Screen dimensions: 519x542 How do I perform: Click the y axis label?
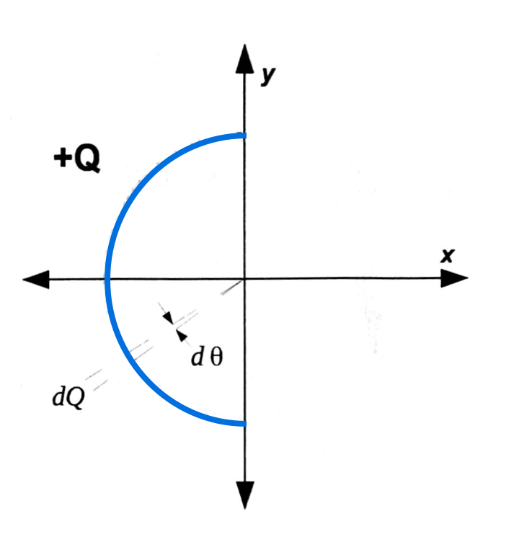268,75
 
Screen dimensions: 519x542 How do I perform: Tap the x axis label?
447,255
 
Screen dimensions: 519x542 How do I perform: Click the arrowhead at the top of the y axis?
245,58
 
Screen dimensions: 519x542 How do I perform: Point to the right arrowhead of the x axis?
454,278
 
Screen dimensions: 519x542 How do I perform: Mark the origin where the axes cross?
245,278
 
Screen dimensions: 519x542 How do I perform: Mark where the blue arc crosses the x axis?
107,278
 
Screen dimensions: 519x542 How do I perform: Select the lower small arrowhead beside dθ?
180,334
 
